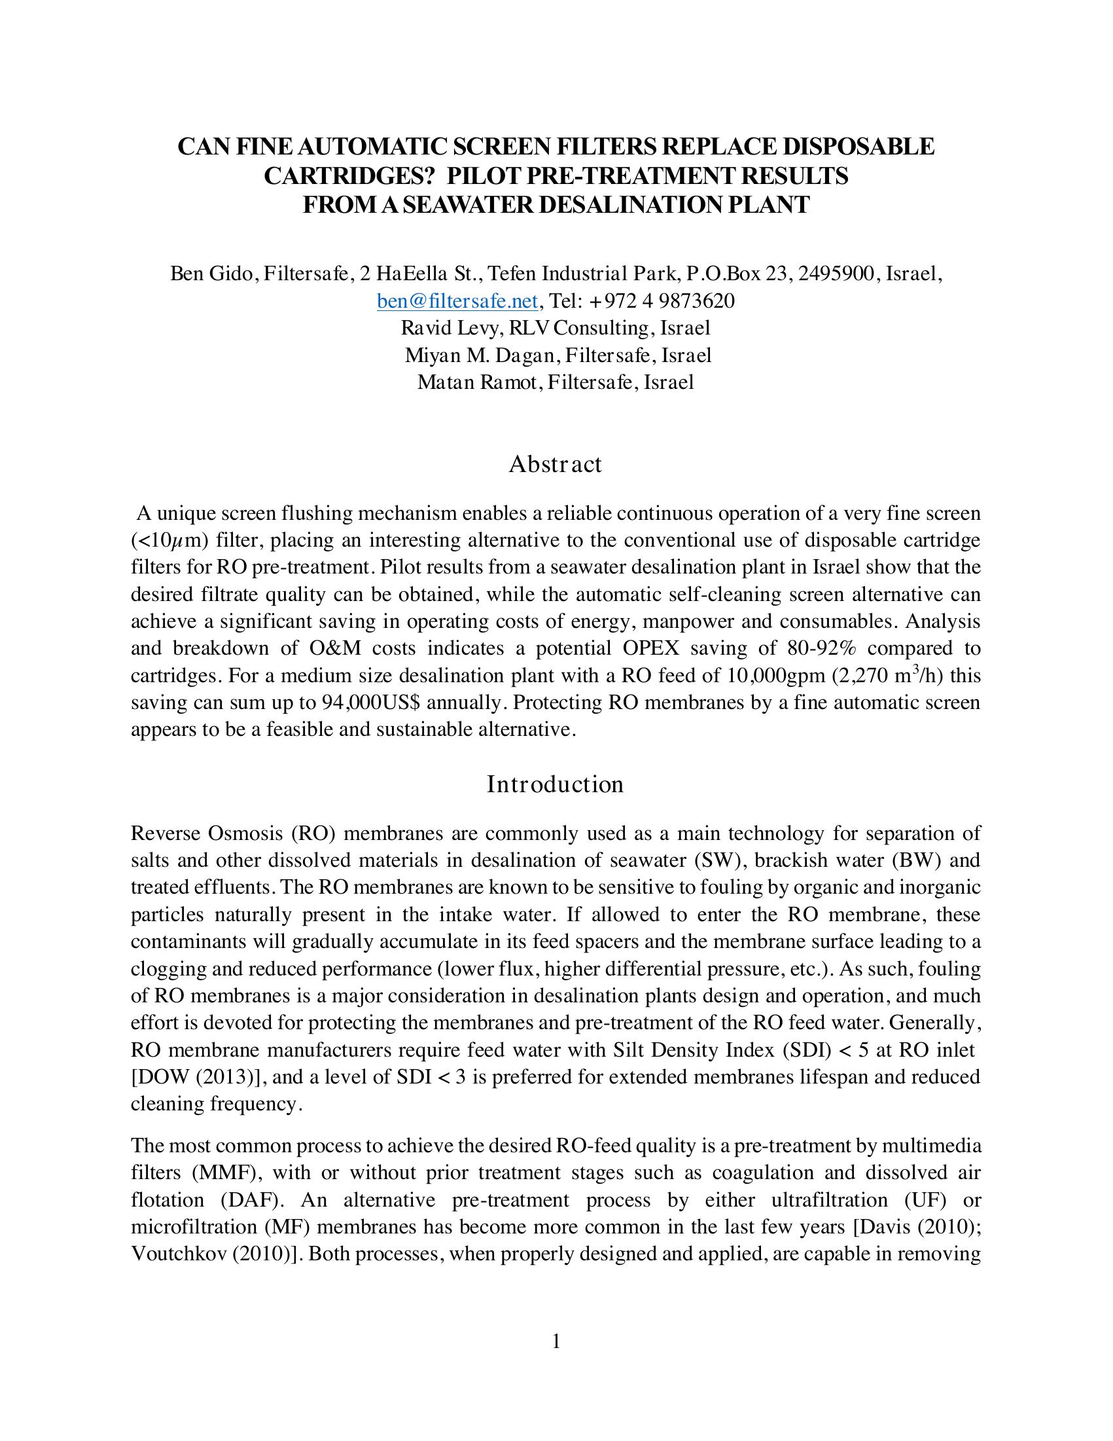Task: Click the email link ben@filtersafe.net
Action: pyautogui.click(x=457, y=302)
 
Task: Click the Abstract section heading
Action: pyautogui.click(x=555, y=464)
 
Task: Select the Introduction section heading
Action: pyautogui.click(x=555, y=784)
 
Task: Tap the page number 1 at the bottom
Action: pyautogui.click(x=556, y=1341)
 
